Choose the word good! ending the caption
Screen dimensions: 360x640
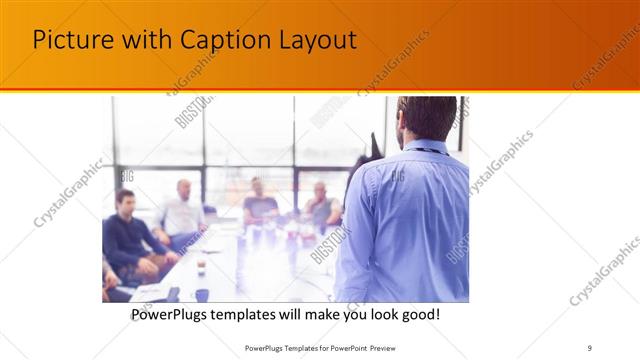pyautogui.click(x=418, y=315)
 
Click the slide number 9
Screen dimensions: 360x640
pyautogui.click(x=589, y=348)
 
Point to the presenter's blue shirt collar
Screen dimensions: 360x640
pyautogui.click(x=415, y=147)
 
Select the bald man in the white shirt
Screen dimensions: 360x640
pyautogui.click(x=182, y=210)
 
